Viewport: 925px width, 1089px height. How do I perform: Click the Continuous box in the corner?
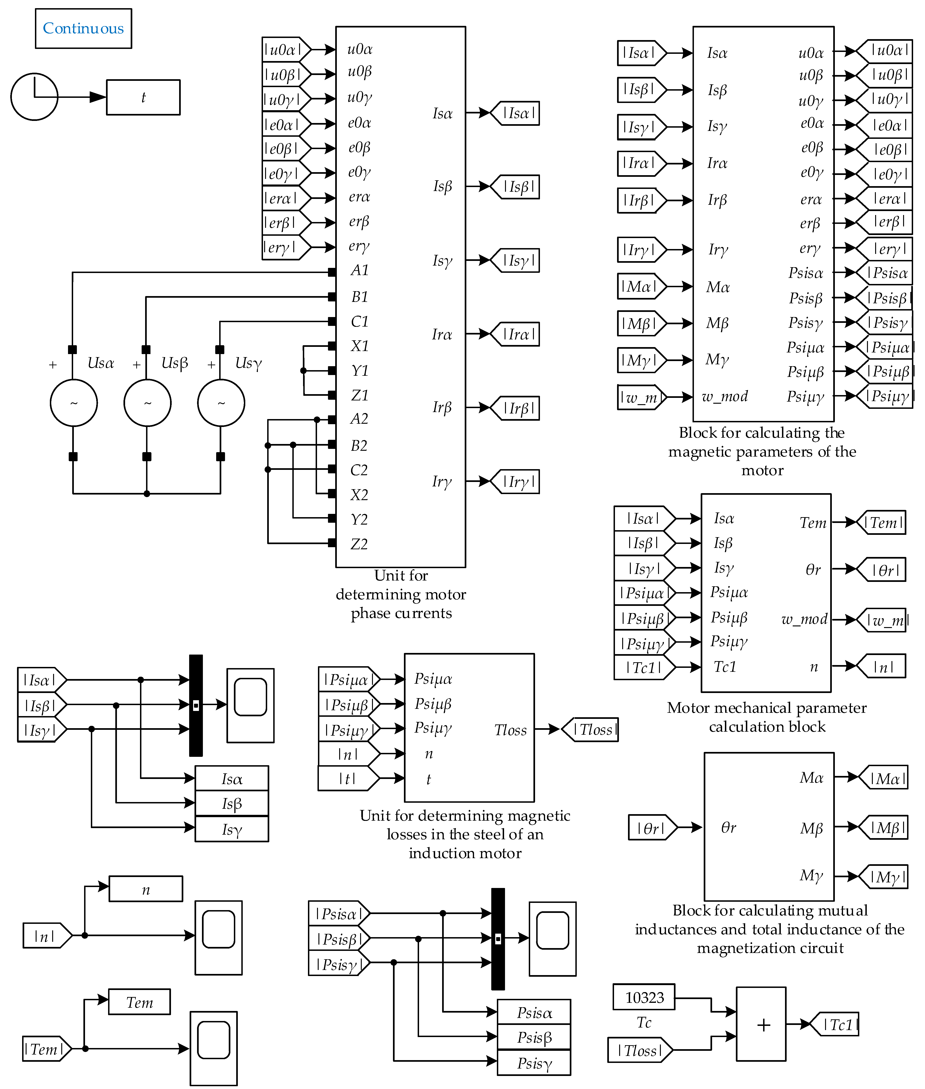pos(83,28)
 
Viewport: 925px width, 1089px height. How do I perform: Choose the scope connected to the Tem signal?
pos(213,1048)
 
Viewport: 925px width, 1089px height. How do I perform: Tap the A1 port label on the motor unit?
pos(360,270)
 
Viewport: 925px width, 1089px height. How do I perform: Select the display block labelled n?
pos(146,889)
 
